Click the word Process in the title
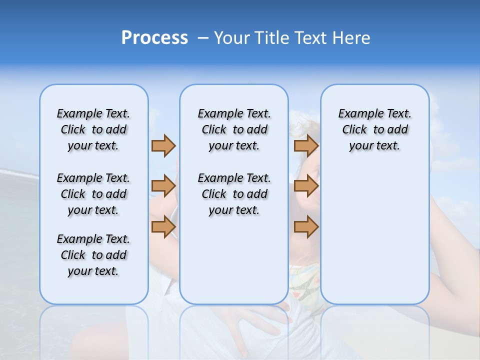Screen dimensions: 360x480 pyautogui.click(x=154, y=38)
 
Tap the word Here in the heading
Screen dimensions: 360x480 pyautogui.click(x=352, y=38)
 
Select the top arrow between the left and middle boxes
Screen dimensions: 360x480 pyautogui.click(x=163, y=145)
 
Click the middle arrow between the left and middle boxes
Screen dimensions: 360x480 pyautogui.click(x=163, y=186)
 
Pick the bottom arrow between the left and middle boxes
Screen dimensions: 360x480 pyautogui.click(x=163, y=226)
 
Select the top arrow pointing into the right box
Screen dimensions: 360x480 pyautogui.click(x=306, y=145)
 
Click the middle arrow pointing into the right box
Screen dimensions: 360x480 pyautogui.click(x=306, y=186)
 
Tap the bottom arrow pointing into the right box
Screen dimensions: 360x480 pyautogui.click(x=306, y=226)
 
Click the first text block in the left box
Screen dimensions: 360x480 pyautogui.click(x=93, y=129)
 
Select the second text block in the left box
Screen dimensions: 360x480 pyautogui.click(x=93, y=194)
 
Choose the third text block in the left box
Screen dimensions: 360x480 pyautogui.click(x=93, y=255)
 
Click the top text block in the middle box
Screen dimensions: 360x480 pyautogui.click(x=234, y=129)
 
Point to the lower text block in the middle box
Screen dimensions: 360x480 pyautogui.click(x=234, y=194)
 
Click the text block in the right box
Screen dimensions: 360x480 pyautogui.click(x=374, y=129)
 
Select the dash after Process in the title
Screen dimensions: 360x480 pyautogui.click(x=203, y=38)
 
